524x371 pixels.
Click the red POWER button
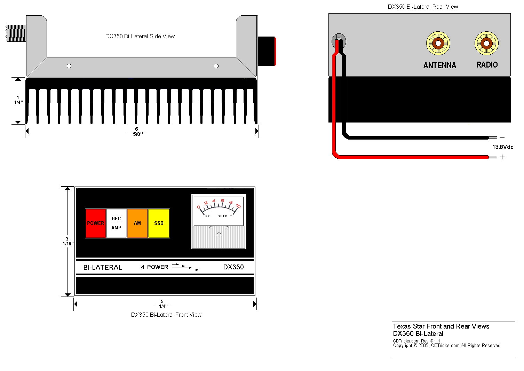[x=95, y=223]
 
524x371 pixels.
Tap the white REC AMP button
[x=116, y=223]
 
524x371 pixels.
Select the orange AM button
[x=137, y=223]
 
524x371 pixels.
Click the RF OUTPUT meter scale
[x=219, y=211]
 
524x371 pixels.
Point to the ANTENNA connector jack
[x=438, y=43]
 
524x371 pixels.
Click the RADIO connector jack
[x=486, y=43]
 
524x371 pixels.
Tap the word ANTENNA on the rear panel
[x=440, y=65]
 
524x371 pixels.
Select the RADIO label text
[x=487, y=65]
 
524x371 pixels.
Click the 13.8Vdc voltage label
[x=503, y=147]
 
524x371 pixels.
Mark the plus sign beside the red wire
[x=502, y=157]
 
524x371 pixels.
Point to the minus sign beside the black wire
[x=502, y=138]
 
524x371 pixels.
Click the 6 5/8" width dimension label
[x=137, y=132]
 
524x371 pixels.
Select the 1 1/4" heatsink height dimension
[x=18, y=100]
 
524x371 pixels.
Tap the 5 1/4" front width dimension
[x=163, y=304]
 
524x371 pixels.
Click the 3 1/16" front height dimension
[x=68, y=241]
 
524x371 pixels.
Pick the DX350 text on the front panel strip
[x=233, y=267]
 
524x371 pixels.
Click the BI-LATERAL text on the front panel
[x=103, y=267]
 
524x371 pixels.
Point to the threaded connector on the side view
[x=16, y=33]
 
